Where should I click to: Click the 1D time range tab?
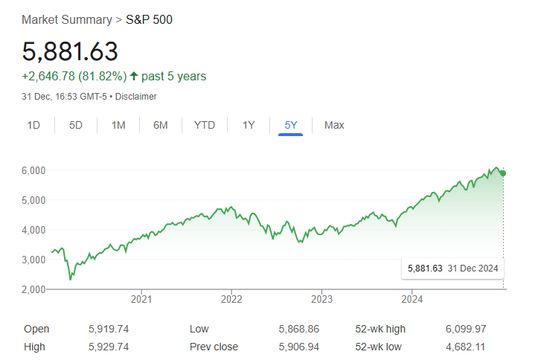click(33, 125)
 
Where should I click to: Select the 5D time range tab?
click(76, 125)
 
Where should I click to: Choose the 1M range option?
click(118, 125)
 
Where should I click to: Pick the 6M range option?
click(161, 125)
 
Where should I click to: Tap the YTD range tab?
click(205, 125)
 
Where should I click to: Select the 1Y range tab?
click(249, 125)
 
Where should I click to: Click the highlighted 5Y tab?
click(290, 125)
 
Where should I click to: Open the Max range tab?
click(334, 125)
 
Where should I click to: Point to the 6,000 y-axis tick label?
click(33, 170)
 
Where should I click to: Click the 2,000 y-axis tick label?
click(33, 289)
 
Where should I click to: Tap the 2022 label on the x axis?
click(231, 300)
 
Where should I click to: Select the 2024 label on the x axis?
click(412, 300)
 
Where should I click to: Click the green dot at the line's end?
click(504, 173)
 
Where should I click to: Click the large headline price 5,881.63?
click(70, 51)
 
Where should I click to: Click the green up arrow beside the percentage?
click(134, 76)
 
